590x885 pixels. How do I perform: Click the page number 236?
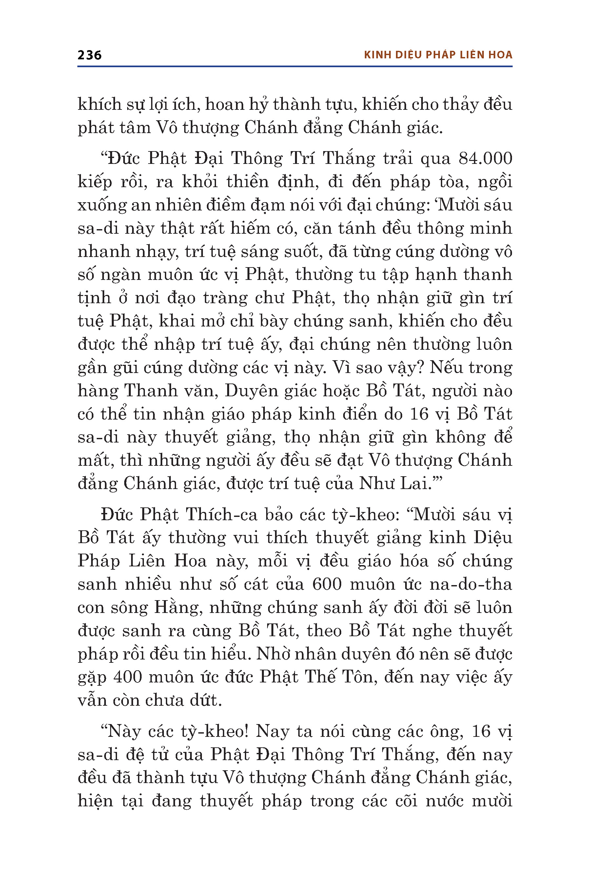click(89, 55)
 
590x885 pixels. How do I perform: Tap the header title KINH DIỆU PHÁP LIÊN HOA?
click(438, 55)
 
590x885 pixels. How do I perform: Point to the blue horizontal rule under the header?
click(295, 67)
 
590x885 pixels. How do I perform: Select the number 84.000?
click(485, 158)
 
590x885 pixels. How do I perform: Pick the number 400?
click(128, 677)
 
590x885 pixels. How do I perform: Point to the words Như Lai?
click(394, 483)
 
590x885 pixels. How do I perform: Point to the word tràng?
click(224, 298)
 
